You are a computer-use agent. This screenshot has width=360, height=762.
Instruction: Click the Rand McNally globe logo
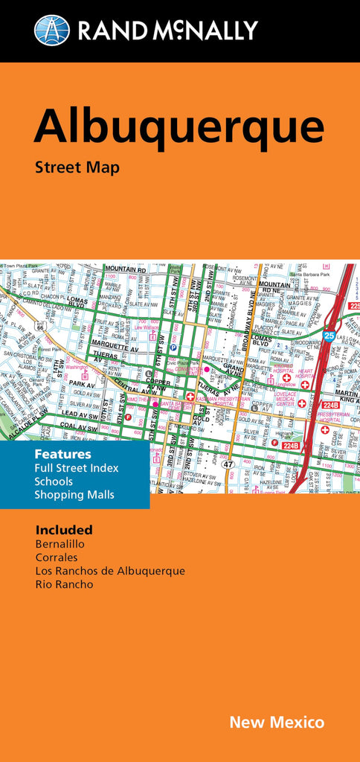point(51,31)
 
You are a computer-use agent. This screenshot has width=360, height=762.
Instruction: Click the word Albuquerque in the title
point(179,127)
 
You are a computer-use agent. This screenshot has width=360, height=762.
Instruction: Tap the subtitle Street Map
point(77,167)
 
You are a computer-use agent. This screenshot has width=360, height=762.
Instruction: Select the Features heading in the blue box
point(62,454)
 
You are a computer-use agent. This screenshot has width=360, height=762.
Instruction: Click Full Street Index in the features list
point(77,468)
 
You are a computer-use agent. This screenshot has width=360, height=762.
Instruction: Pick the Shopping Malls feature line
point(74,495)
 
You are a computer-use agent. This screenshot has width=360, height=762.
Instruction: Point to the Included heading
point(64,530)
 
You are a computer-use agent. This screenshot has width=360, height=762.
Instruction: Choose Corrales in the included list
point(57,557)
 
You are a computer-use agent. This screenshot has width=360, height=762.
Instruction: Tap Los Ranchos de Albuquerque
point(110,571)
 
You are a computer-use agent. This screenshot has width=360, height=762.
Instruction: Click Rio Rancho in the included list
point(64,584)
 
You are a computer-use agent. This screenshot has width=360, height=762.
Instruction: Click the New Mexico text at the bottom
point(277,722)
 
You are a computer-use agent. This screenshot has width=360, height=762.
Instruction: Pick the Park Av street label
point(83,385)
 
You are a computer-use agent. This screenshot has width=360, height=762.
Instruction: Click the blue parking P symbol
point(173,348)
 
